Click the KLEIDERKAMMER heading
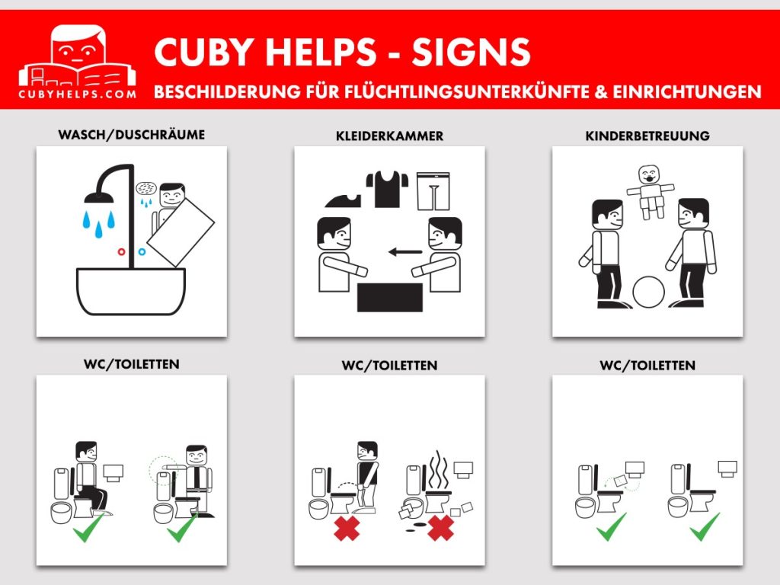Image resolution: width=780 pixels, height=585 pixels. pos(389,136)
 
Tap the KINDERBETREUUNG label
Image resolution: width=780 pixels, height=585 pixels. pos(647,136)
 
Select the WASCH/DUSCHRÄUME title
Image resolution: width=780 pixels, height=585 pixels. pos(131,135)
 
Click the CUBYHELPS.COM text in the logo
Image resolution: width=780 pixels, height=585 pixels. pos(77,94)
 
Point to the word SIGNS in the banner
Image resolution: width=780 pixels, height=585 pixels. pos(471,53)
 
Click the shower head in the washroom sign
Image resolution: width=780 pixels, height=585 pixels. pos(98,196)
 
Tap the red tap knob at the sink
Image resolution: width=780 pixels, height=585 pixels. pos(121,251)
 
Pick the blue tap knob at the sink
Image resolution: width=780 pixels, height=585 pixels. pos(142,251)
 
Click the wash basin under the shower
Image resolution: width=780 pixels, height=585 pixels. pos(131,291)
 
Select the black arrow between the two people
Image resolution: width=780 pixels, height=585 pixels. pos(405,251)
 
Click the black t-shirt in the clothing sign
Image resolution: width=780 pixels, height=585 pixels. pos(388,189)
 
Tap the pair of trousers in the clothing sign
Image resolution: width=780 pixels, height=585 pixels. pos(433,191)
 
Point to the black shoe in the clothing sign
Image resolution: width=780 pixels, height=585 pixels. pos(344,200)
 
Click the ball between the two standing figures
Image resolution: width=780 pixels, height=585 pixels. pos(649,292)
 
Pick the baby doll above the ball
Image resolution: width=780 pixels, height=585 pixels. pos(651,192)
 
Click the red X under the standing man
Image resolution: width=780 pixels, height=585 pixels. pos(347,529)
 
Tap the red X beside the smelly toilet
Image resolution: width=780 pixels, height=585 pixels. pos(440,528)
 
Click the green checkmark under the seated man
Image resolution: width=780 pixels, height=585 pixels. pos(88,527)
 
